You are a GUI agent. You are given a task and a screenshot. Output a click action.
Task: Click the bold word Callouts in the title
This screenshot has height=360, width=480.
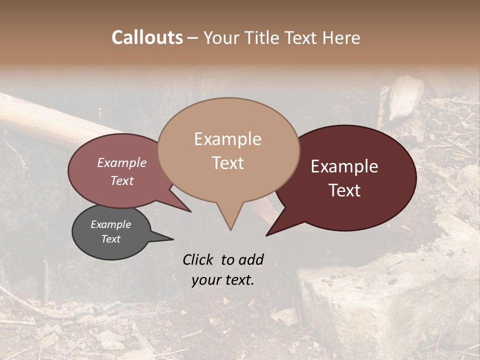(147, 37)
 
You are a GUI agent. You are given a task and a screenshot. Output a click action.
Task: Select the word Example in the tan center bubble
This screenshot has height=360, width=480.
(227, 139)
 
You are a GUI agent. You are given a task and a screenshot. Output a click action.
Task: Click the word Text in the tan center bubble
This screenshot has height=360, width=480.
(227, 163)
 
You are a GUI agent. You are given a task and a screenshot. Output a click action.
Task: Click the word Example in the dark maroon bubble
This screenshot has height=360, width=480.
(344, 166)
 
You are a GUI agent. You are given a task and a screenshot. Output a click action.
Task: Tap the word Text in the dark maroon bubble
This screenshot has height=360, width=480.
(344, 190)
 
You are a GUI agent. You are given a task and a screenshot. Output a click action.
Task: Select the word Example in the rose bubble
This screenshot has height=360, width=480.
(121, 163)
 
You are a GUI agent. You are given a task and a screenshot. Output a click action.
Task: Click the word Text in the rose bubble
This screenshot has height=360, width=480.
(121, 180)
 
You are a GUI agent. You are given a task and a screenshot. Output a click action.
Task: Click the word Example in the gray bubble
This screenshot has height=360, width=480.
(110, 224)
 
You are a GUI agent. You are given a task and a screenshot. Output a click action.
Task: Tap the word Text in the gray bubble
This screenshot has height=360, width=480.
(110, 239)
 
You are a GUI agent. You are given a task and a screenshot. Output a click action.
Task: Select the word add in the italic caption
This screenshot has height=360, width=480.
(250, 259)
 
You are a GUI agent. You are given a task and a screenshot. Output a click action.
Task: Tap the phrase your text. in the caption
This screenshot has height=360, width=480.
(223, 280)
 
